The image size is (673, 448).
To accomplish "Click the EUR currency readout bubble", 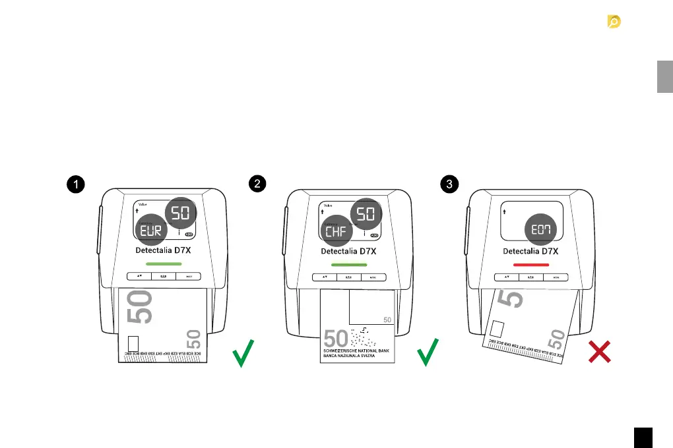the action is coord(151,231).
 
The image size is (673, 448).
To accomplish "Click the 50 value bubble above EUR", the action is coord(180,213).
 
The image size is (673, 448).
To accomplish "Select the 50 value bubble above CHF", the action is coord(365,213).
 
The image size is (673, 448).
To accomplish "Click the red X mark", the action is coord(599,352).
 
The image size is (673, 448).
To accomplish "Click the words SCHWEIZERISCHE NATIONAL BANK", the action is coord(357,350).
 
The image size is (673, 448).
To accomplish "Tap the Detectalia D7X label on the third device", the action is coord(530,251).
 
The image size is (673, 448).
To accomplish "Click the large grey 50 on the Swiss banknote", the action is coord(336,339).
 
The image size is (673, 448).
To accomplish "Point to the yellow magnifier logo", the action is coord(614,22).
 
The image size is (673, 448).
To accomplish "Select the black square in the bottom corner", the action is coord(644,437).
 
